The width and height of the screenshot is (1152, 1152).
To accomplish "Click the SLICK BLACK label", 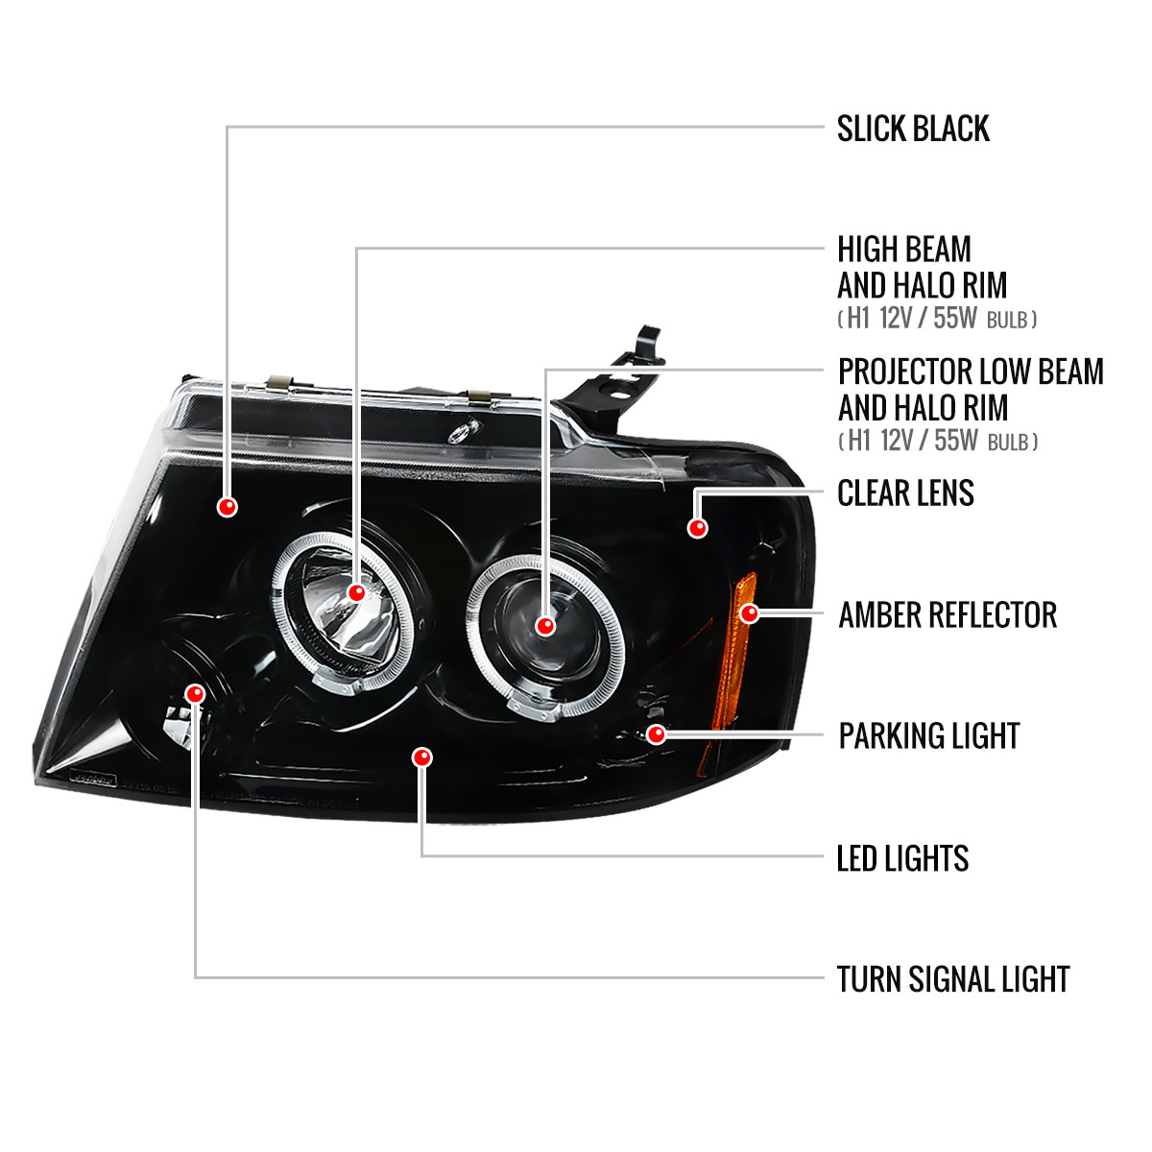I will tap(912, 129).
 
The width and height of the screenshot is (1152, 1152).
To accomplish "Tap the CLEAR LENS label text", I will tap(905, 493).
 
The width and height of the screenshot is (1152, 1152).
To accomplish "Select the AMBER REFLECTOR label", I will tap(948, 615).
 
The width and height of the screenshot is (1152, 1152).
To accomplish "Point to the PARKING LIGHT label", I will tap(928, 736).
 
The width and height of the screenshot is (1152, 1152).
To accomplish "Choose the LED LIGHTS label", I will tap(902, 858).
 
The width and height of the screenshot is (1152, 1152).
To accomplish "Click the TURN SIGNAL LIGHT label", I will tap(952, 979).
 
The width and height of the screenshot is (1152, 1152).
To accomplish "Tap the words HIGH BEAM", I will tap(904, 250).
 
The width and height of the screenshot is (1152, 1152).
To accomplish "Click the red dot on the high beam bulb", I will tap(356, 592).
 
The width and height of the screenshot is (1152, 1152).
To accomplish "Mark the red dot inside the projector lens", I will tap(545, 626).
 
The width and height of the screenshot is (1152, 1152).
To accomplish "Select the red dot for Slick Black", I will tap(228, 507).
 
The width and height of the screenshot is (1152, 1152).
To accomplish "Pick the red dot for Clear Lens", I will tap(698, 527).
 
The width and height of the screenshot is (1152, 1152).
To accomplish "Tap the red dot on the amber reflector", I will tap(750, 612).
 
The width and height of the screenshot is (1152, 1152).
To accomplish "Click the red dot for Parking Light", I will tap(657, 734).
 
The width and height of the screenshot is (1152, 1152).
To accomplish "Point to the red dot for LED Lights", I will tap(421, 757).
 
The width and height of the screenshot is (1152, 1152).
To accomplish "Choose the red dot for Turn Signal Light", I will tap(196, 692).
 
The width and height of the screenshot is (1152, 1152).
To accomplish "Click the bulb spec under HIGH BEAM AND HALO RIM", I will tap(937, 319).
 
